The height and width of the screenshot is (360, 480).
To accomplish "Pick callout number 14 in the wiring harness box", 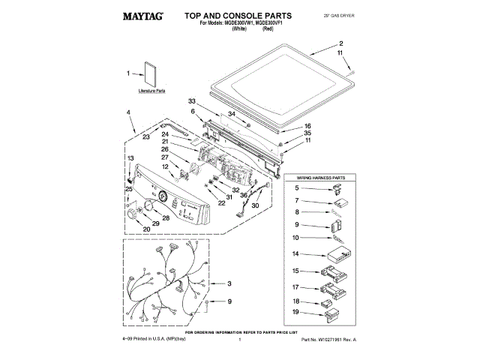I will pyautogui.click(x=296, y=253).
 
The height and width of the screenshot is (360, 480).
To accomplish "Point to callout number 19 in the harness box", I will pyautogui.click(x=296, y=311).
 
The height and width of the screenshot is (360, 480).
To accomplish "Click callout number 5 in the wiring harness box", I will pyautogui.click(x=296, y=187).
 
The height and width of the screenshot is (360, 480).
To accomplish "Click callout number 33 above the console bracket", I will pyautogui.click(x=191, y=101).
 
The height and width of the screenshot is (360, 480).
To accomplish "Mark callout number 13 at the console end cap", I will pyautogui.click(x=130, y=159).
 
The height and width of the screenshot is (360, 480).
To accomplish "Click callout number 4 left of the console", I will pyautogui.click(x=129, y=112).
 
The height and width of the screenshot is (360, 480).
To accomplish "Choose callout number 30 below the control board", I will pyautogui.click(x=255, y=205).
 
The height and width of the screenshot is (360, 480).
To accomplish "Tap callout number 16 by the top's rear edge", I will pyautogui.click(x=307, y=126).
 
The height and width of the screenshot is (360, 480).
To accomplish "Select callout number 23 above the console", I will pyautogui.click(x=146, y=138).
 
